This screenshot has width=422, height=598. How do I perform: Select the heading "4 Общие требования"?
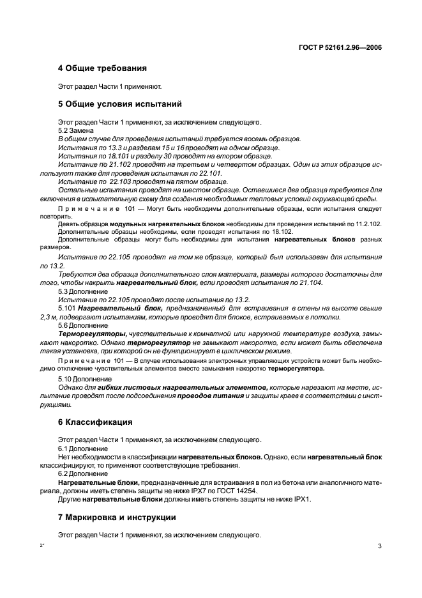(x=102, y=68)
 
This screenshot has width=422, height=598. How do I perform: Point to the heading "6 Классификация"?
(x=95, y=422)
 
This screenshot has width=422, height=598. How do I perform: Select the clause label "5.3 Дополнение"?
(x=80, y=291)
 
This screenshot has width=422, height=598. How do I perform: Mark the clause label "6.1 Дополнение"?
(x=80, y=448)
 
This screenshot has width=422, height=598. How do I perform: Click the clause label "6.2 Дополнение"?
(x=80, y=475)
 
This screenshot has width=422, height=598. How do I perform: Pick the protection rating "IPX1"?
(x=299, y=500)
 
